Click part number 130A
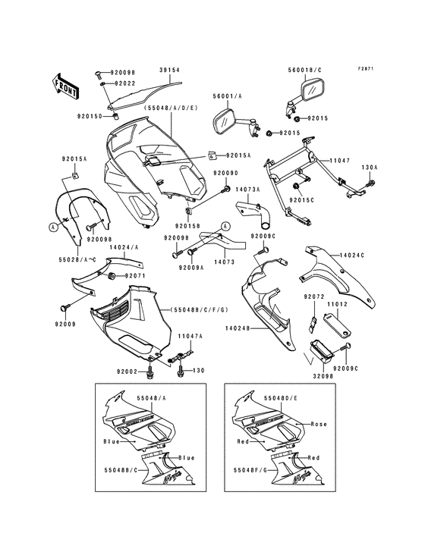369,167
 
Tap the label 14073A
247,189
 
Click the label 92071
134,275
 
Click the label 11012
336,303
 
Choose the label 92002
127,371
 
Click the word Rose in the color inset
319,425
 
